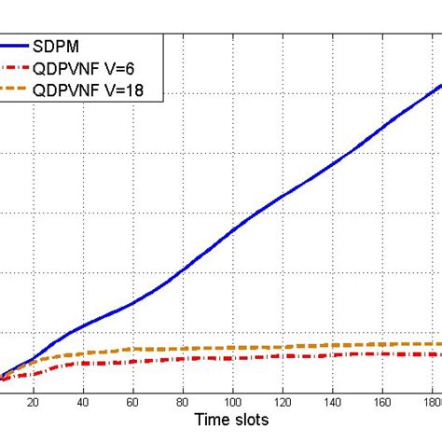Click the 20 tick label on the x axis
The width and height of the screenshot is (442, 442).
[33, 404]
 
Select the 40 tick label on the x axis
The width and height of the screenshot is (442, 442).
[83, 404]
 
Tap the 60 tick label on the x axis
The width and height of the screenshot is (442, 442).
[133, 404]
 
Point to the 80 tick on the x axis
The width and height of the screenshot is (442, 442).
[184, 404]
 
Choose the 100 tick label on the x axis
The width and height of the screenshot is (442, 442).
[233, 404]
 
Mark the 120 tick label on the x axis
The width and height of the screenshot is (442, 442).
[283, 404]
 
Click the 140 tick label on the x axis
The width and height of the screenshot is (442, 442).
[334, 404]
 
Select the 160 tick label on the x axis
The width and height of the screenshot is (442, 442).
[384, 404]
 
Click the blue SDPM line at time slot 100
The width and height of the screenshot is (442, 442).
[233, 227]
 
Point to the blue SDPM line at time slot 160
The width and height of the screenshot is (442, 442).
[384, 124]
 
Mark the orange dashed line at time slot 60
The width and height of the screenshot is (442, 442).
[133, 350]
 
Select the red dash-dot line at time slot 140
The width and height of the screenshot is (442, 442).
[334, 353]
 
